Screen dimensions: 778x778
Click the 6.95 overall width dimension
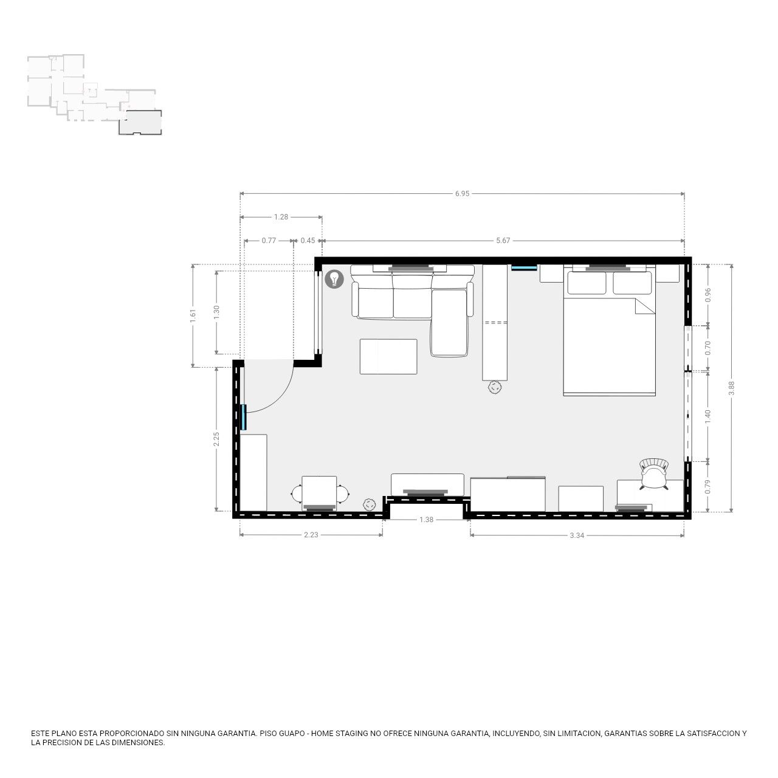coord(462,194)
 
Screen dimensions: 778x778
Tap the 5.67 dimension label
coord(503,241)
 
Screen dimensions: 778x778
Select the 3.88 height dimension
coord(731,388)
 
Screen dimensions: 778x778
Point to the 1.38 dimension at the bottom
coord(426,520)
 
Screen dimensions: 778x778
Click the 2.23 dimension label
coord(311,535)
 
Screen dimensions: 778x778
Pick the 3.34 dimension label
coord(577,535)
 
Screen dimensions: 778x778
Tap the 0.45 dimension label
coord(308,241)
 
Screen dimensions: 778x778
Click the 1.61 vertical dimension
coord(193,315)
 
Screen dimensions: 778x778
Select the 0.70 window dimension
coord(707,348)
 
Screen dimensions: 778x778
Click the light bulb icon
coord(334,279)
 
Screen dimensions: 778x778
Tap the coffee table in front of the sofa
coord(388,357)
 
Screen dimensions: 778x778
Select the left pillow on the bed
coord(587,283)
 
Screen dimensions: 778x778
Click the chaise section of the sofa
coord(449,323)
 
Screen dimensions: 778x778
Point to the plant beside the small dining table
coord(369,504)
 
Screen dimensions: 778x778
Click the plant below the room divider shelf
coord(495,387)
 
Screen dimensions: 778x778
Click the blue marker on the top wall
coord(524,267)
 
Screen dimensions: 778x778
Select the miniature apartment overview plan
coord(95,94)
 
